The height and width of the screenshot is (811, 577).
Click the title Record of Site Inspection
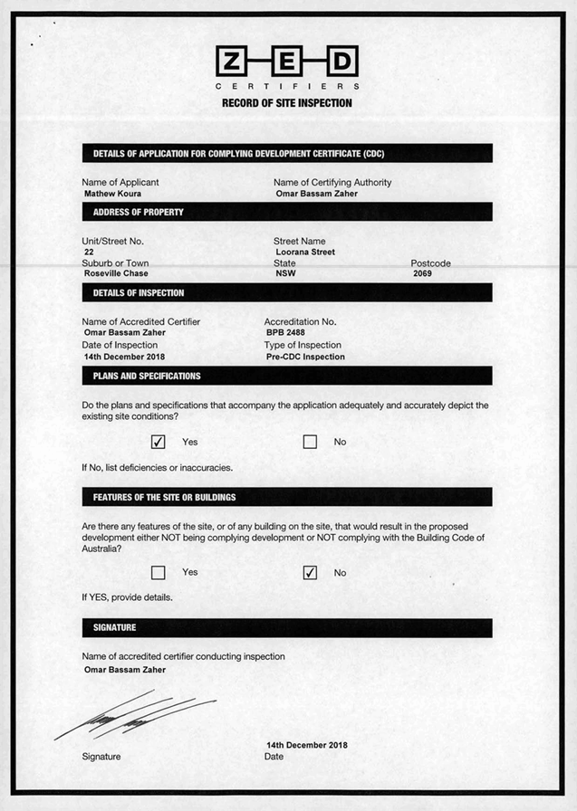pyautogui.click(x=287, y=103)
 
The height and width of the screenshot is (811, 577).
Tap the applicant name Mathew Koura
pyautogui.click(x=112, y=194)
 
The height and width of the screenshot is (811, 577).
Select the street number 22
pyautogui.click(x=89, y=253)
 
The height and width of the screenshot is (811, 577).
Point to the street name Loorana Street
pyautogui.click(x=305, y=253)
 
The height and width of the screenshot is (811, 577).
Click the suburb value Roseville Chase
pyautogui.click(x=116, y=273)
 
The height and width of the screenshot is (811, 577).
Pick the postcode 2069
pyautogui.click(x=422, y=273)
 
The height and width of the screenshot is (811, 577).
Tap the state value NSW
pyautogui.click(x=285, y=273)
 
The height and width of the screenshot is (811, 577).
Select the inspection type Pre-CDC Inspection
pyautogui.click(x=305, y=357)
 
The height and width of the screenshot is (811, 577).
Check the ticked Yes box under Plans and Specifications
pyautogui.click(x=159, y=442)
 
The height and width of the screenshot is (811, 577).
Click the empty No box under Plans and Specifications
pyautogui.click(x=310, y=442)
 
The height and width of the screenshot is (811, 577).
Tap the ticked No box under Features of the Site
pyautogui.click(x=310, y=572)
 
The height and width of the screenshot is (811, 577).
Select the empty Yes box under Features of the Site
pyautogui.click(x=159, y=572)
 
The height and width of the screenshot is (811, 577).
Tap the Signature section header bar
pyautogui.click(x=286, y=627)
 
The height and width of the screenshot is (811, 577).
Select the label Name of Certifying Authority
pyautogui.click(x=332, y=182)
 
